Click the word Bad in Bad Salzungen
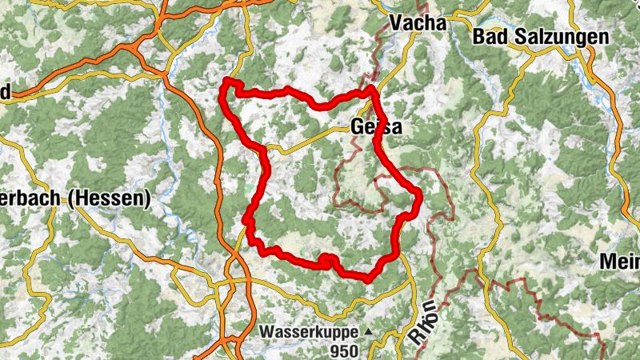[x=488, y=36]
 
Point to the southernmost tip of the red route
[x=367, y=278]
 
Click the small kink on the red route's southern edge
[x=326, y=258]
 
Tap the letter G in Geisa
[x=358, y=128]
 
